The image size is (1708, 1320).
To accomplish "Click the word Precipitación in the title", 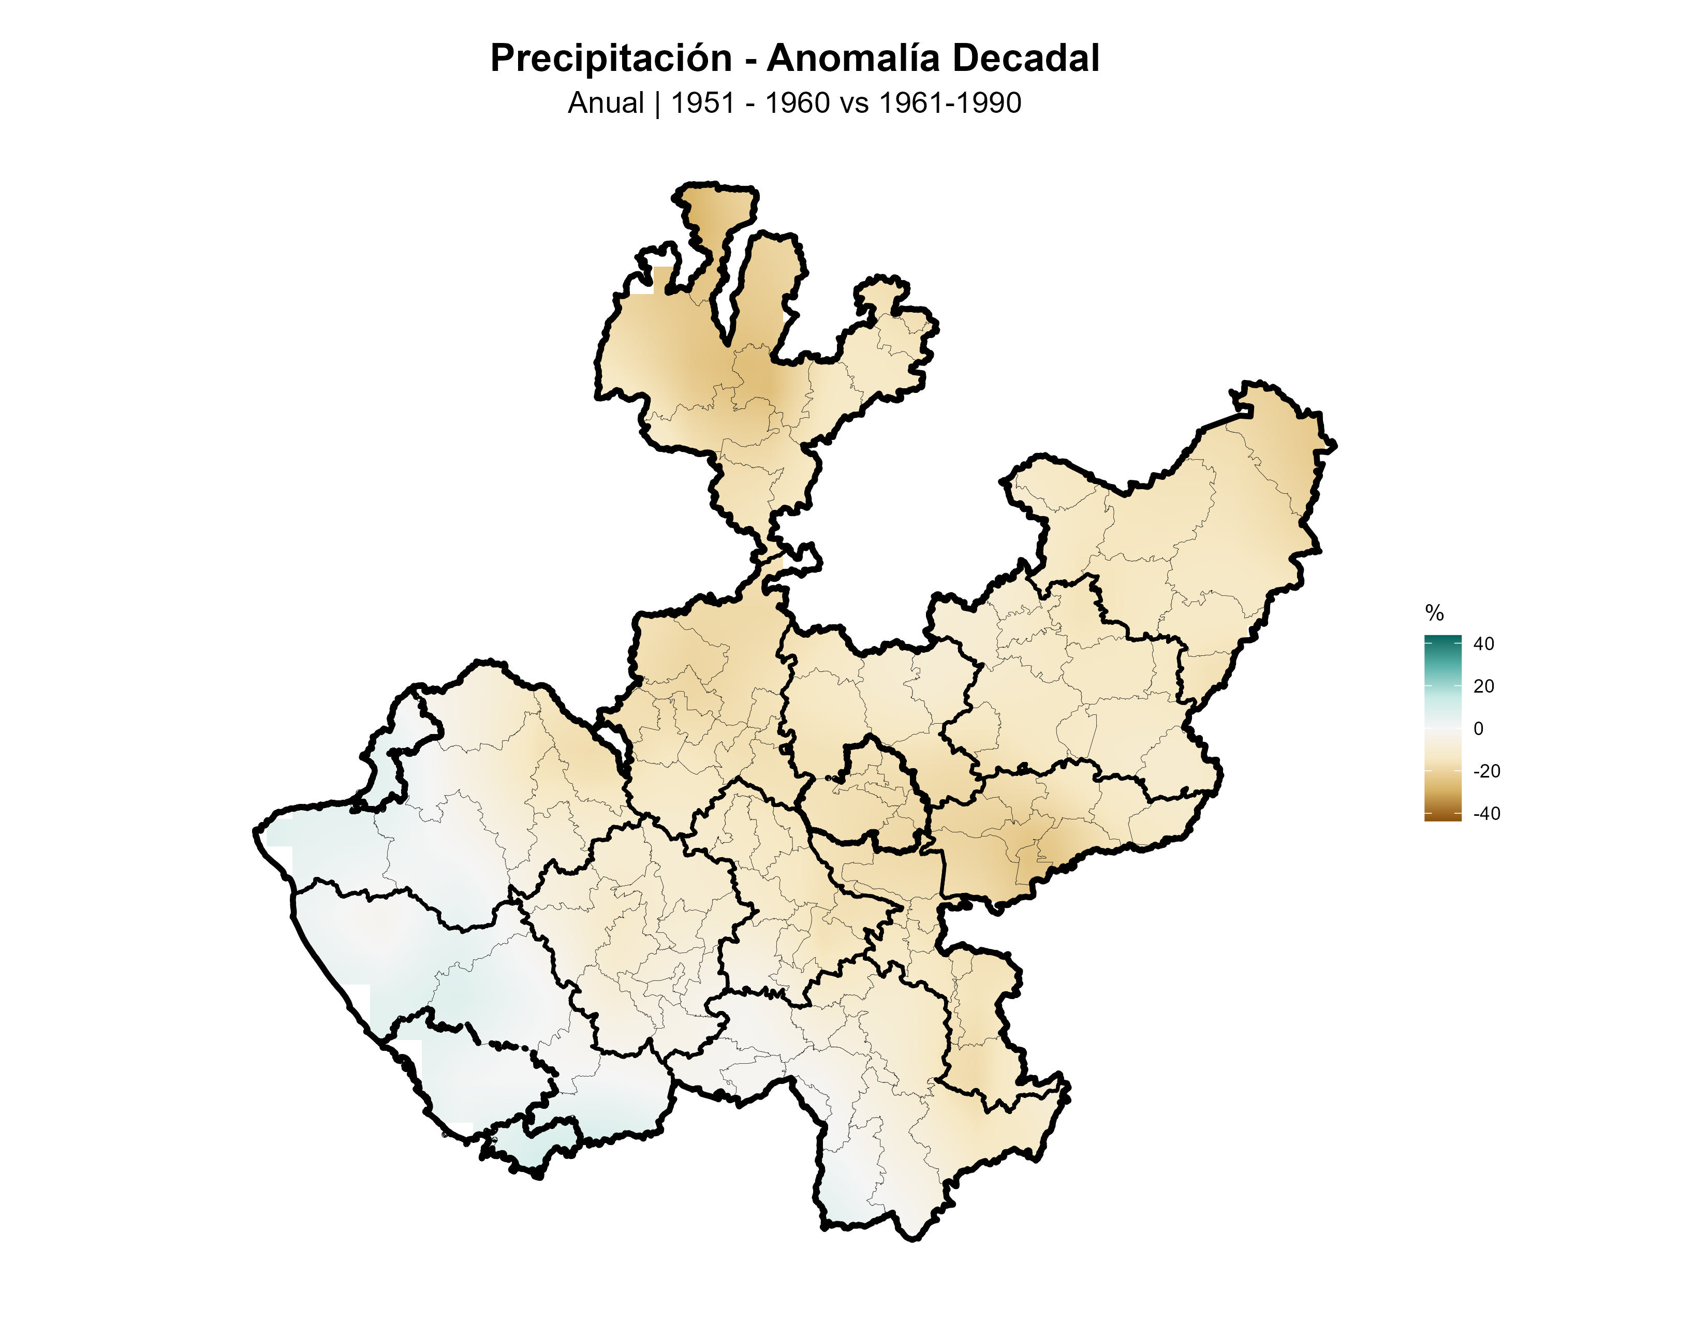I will tap(611, 58).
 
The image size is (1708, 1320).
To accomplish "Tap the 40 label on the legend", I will tap(1483, 643).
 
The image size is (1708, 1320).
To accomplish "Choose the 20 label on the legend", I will tap(1483, 686).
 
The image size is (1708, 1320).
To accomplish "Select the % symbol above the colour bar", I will tap(1434, 613).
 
